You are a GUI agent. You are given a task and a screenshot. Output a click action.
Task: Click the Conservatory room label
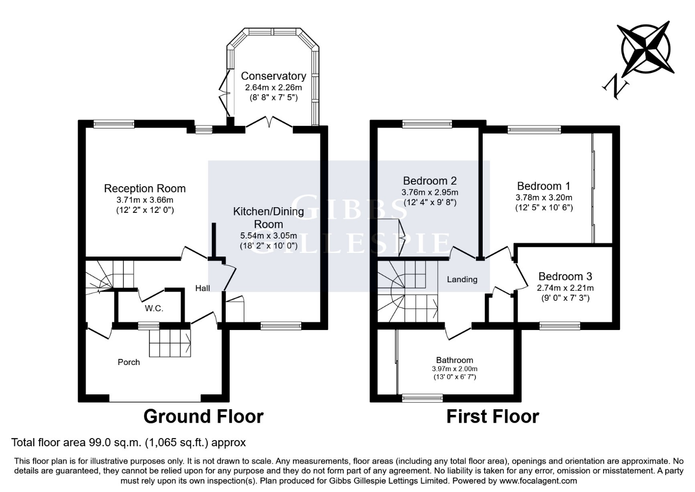273,76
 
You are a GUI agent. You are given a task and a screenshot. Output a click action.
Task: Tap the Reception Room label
144,189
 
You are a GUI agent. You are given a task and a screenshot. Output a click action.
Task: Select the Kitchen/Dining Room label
268,217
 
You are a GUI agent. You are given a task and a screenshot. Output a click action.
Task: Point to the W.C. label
154,308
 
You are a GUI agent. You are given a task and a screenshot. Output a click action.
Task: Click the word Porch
129,362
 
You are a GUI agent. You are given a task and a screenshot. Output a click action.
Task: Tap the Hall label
203,288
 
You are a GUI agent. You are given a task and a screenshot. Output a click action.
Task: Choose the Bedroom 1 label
543,186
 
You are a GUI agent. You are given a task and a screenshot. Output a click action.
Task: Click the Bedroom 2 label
430,181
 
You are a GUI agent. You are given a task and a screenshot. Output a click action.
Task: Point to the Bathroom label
454,360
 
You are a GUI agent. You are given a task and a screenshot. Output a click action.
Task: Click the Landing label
462,280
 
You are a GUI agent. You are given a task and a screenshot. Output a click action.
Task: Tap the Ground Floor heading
203,416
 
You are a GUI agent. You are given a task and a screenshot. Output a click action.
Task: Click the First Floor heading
492,416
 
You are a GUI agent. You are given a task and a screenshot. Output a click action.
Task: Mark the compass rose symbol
646,48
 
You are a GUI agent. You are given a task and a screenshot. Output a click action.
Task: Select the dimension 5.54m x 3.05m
268,235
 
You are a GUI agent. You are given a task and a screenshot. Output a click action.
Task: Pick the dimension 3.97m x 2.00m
454,369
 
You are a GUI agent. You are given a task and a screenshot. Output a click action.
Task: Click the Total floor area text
129,442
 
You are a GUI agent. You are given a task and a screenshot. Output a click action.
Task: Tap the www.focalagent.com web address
538,481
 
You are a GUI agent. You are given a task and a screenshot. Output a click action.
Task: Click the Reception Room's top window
114,123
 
